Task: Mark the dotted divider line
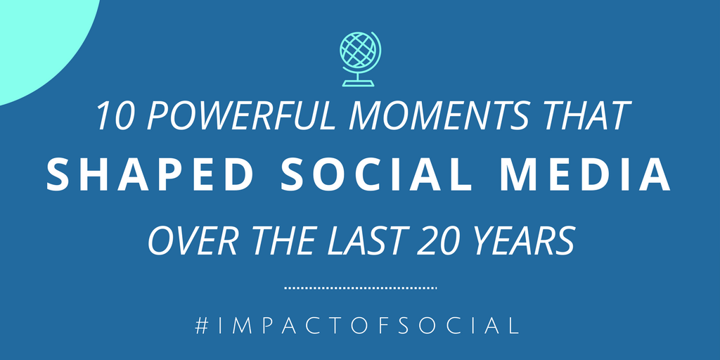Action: pyautogui.click(x=360, y=288)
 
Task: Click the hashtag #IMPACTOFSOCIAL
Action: pyautogui.click(x=359, y=326)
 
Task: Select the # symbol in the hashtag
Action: pyautogui.click(x=202, y=326)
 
